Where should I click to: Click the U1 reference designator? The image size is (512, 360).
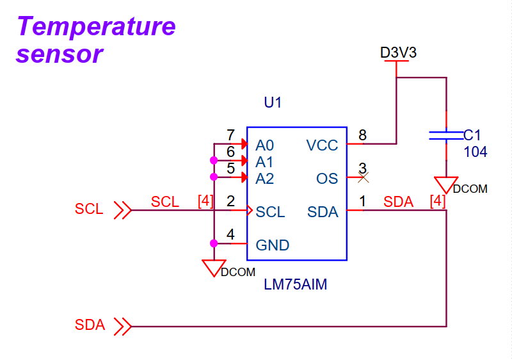tap(273, 102)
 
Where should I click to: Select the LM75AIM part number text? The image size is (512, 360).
tap(295, 285)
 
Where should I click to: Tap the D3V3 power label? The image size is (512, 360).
tap(398, 53)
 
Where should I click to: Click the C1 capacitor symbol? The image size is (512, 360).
tap(446, 135)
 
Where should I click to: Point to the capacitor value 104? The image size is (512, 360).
tap(476, 152)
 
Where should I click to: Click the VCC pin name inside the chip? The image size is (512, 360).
tap(322, 145)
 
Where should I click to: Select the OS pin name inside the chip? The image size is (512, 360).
tap(327, 178)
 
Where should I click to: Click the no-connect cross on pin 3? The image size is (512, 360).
tap(363, 177)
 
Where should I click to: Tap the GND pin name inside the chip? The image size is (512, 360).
tap(272, 245)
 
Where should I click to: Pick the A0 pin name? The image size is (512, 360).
tap(264, 145)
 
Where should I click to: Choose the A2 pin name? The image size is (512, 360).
tap(264, 178)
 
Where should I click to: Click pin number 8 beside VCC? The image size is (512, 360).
tap(362, 135)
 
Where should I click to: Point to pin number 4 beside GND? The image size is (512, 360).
tap(230, 234)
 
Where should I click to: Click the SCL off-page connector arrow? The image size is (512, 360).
tap(122, 209)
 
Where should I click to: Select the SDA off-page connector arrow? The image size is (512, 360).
tap(122, 327)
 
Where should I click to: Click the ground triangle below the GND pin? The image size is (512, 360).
tap(214, 267)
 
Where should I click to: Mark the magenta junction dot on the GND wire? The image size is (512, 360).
tap(214, 243)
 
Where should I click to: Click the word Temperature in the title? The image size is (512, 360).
tap(96, 27)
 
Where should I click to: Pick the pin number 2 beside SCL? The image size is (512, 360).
tap(230, 201)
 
